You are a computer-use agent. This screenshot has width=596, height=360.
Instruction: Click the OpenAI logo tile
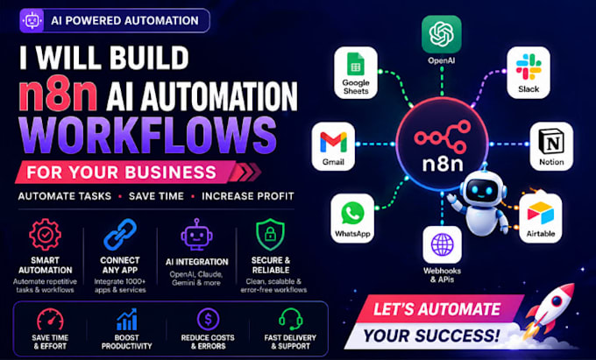441,34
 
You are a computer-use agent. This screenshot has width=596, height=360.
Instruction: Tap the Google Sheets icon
356,73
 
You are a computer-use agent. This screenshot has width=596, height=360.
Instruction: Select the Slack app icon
529,72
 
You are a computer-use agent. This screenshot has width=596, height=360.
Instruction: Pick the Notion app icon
551,146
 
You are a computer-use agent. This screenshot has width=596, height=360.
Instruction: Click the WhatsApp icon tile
352,218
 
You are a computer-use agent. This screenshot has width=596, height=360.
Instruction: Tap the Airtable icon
541,218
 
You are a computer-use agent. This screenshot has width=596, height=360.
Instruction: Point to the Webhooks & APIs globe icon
442,244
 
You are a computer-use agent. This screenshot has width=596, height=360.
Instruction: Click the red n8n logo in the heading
58,95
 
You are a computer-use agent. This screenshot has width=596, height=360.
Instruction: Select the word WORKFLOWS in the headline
148,136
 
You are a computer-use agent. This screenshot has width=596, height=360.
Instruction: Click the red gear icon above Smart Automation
45,234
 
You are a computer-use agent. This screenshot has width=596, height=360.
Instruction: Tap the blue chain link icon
120,234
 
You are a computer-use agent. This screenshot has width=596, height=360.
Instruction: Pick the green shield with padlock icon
270,234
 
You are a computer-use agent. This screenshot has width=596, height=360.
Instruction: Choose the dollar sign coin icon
208,319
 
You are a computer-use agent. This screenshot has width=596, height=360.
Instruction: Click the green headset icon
290,319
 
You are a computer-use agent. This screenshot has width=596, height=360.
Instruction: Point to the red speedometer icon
50,320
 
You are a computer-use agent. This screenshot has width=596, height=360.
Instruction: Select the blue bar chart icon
126,319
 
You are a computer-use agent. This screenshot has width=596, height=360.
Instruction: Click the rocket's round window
557,301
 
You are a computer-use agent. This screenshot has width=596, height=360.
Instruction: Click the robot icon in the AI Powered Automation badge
32,20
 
